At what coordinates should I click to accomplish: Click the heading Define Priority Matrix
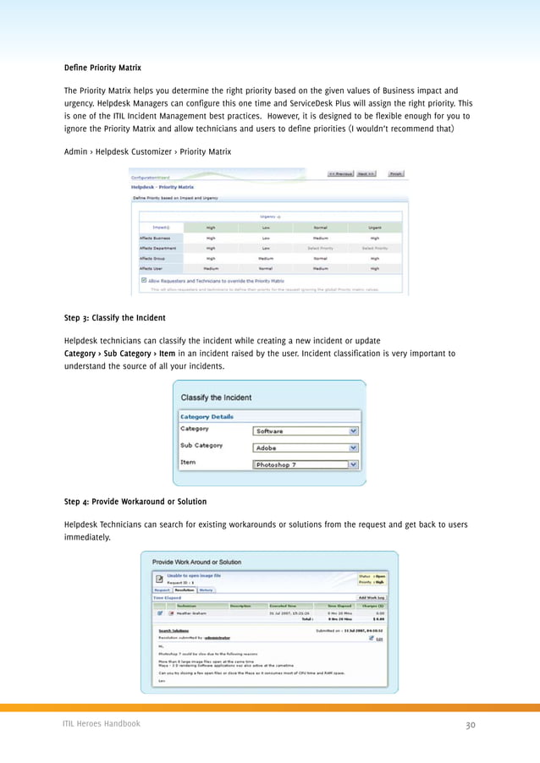[102, 67]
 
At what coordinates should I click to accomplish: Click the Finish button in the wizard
[395, 174]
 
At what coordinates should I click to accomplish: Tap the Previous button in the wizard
[340, 174]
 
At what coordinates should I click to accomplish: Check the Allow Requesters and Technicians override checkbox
[144, 280]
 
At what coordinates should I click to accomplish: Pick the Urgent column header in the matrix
[374, 227]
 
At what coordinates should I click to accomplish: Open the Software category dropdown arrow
[353, 431]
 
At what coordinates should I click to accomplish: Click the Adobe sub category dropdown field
[300, 447]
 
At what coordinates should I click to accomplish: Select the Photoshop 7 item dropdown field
[300, 464]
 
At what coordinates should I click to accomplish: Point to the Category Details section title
[206, 416]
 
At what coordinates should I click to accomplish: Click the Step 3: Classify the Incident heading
[114, 318]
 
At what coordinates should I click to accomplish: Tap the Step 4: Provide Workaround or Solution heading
[135, 502]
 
